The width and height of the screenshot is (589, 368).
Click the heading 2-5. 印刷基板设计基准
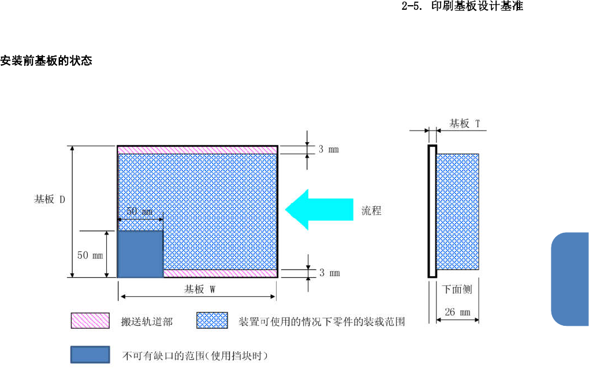click(x=462, y=8)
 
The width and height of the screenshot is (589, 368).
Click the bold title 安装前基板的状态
click(x=46, y=61)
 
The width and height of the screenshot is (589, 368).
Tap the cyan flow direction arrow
click(x=318, y=209)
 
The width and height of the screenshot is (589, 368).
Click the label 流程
click(x=371, y=211)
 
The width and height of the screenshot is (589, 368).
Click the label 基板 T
click(x=465, y=123)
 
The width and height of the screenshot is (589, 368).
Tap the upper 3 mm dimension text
click(x=329, y=150)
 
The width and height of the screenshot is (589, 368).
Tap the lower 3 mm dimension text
click(x=329, y=273)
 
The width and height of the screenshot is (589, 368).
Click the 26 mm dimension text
click(x=457, y=313)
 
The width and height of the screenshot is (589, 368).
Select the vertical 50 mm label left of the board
click(x=91, y=255)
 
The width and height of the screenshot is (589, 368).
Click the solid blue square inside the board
click(x=140, y=254)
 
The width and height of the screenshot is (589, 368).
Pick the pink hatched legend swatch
click(x=90, y=321)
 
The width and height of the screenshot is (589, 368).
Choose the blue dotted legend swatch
click(x=213, y=321)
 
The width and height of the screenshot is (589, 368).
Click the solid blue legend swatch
click(x=90, y=355)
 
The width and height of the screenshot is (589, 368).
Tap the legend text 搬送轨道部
click(x=147, y=321)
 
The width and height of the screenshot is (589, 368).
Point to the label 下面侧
click(x=457, y=289)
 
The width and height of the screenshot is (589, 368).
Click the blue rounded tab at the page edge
click(x=570, y=279)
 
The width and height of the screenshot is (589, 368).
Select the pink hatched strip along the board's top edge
click(x=197, y=150)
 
